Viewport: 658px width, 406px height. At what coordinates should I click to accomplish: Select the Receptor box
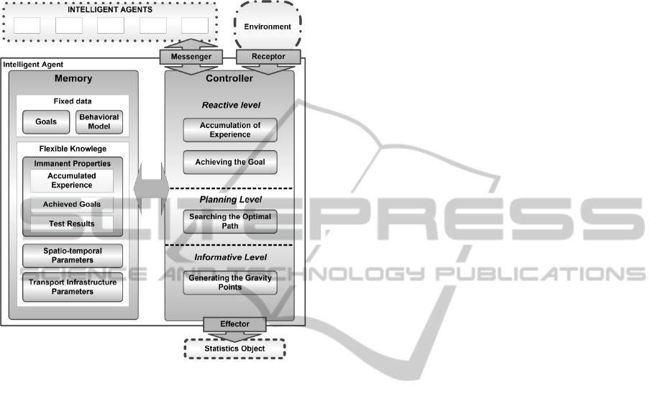tap(268, 56)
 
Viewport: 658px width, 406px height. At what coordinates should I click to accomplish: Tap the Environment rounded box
tap(268, 27)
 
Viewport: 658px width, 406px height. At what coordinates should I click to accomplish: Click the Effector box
tap(235, 324)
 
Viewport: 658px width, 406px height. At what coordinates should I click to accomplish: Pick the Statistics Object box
tap(234, 349)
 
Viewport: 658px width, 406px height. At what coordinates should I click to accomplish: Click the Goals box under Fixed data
tap(46, 122)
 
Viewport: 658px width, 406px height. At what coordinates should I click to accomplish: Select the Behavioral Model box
tap(99, 122)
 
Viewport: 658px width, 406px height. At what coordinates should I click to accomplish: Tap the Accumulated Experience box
tap(72, 180)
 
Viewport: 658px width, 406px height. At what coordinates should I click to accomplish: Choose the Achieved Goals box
tap(72, 205)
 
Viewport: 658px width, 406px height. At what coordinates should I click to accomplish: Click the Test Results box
tap(72, 224)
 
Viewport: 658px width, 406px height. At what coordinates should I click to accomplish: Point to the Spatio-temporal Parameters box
tap(72, 255)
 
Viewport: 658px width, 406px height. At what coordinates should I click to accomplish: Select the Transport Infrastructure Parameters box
tap(72, 287)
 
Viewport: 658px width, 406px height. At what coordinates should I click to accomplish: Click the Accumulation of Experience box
tap(230, 130)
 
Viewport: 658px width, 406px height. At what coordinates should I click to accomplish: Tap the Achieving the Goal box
tap(230, 162)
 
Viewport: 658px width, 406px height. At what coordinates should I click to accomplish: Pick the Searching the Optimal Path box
tap(230, 221)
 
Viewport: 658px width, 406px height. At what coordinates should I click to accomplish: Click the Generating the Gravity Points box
tap(230, 282)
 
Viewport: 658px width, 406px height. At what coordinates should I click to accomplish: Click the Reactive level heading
tap(231, 105)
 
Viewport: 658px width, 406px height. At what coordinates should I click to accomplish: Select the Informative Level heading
tap(230, 257)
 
